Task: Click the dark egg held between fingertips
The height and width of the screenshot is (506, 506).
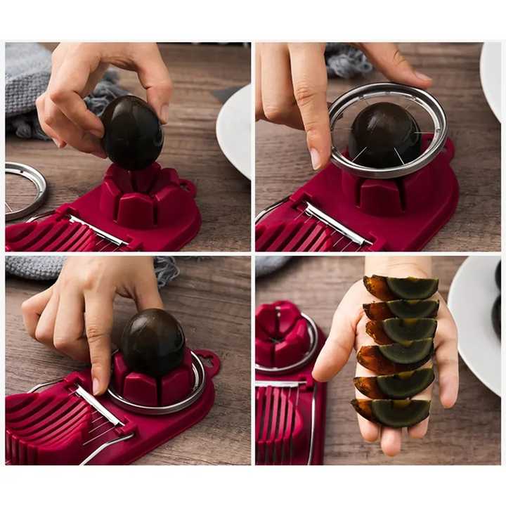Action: (131, 133)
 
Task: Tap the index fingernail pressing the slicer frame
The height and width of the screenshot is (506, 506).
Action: (96, 385)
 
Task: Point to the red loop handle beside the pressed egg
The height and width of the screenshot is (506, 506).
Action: (207, 363)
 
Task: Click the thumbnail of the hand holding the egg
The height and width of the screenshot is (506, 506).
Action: (164, 112)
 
